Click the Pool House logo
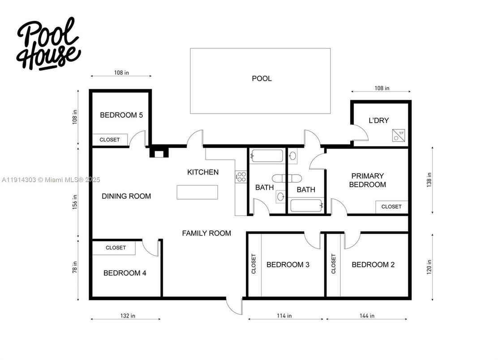[49, 44]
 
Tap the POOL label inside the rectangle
[262, 79]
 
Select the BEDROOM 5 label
[121, 115]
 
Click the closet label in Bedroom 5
[110, 140]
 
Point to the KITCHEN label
[203, 172]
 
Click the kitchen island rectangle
[197, 192]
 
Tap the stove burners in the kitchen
[241, 176]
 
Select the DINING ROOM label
[126, 196]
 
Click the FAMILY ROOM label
[206, 233]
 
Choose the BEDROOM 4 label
[124, 273]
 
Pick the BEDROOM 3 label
[288, 265]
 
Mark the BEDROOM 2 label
[373, 265]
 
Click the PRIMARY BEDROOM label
[367, 180]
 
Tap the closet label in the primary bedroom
[391, 207]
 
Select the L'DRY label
[378, 120]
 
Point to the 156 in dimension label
[75, 201]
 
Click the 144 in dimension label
[366, 316]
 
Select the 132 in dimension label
[127, 316]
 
